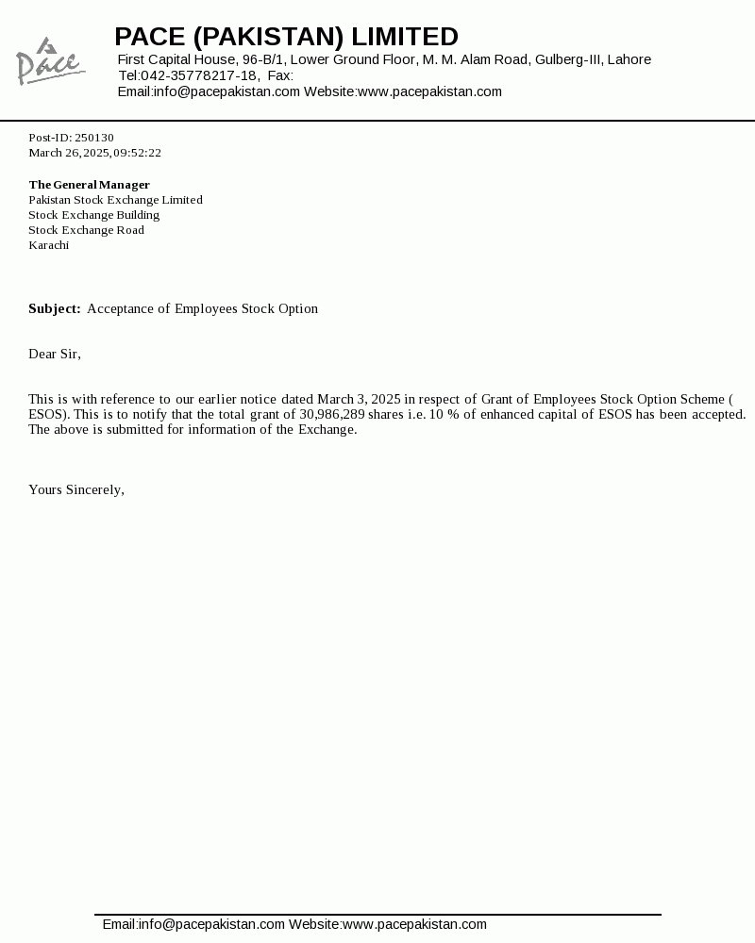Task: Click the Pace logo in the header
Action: [49, 61]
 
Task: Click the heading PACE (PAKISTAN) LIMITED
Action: [286, 37]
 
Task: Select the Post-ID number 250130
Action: [94, 138]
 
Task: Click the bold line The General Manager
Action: [89, 185]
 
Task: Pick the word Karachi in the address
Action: [48, 245]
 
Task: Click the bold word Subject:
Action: [54, 309]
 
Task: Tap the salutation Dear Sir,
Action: [55, 355]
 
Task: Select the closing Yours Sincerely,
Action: [76, 490]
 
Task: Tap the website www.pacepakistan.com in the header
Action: [429, 91]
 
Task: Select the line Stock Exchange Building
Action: [93, 215]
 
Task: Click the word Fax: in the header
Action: [280, 75]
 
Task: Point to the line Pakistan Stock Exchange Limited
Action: [115, 200]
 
